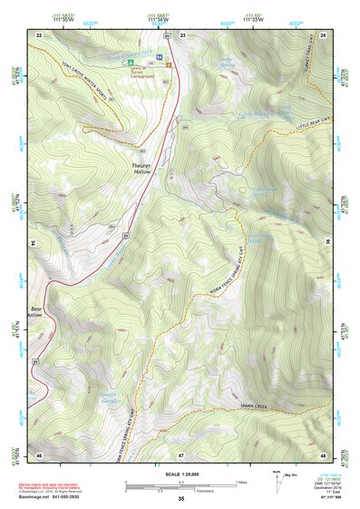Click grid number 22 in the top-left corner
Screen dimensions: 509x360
[x=39, y=34]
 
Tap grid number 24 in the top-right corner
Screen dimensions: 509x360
[x=324, y=34]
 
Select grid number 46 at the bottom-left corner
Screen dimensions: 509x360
[x=39, y=453]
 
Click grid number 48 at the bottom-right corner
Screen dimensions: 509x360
[x=324, y=453]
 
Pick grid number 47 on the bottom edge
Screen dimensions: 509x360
[x=181, y=453]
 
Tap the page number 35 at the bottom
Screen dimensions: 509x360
[x=180, y=498]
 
